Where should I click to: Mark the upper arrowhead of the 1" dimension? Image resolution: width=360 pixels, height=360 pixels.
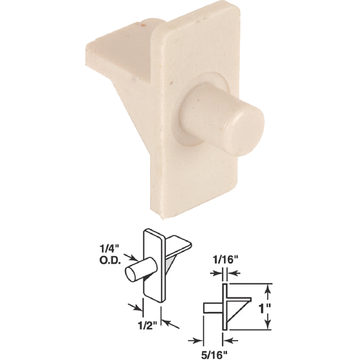[x=268, y=287]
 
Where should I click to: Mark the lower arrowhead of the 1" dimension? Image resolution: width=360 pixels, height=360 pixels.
[x=268, y=326]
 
